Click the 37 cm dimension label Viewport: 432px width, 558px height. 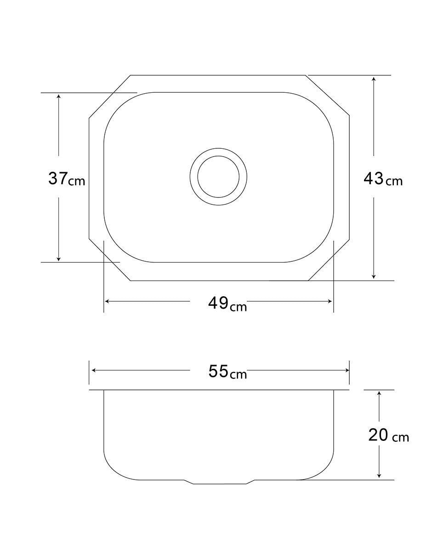pos(67,179)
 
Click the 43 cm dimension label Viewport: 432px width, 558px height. pos(383,179)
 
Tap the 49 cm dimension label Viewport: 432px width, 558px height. pos(227,304)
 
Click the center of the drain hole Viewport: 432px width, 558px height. pos(218,177)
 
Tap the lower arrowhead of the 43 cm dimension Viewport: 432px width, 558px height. pos(374,276)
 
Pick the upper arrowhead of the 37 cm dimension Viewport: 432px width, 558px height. pos(58,96)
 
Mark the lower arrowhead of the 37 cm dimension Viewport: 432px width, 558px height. pos(58,259)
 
